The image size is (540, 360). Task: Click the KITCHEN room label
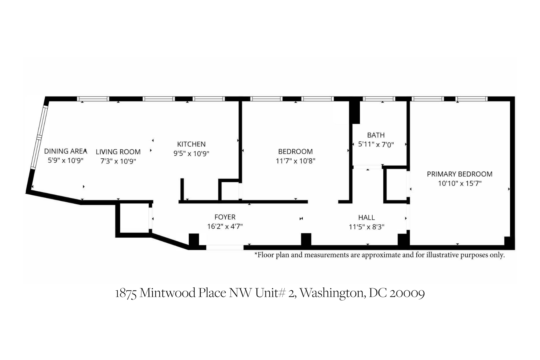click(x=191, y=144)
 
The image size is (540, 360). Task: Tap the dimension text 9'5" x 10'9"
click(x=191, y=154)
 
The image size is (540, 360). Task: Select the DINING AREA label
click(x=66, y=151)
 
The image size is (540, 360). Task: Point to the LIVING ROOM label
click(x=118, y=152)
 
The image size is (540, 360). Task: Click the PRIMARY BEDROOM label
click(x=460, y=174)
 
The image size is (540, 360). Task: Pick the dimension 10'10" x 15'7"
click(x=460, y=183)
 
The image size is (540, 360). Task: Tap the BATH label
click(x=376, y=135)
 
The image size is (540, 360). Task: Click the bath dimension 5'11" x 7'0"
click(x=376, y=145)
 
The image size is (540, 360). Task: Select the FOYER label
click(x=225, y=217)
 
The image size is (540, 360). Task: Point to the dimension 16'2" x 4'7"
click(x=225, y=226)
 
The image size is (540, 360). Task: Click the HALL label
click(x=367, y=217)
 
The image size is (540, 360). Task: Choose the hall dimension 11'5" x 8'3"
click(x=367, y=227)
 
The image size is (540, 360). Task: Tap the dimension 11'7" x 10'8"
click(x=295, y=161)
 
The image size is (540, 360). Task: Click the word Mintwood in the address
click(x=168, y=293)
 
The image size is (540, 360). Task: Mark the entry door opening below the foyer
click(x=225, y=247)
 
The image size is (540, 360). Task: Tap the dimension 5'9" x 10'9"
click(x=66, y=160)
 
